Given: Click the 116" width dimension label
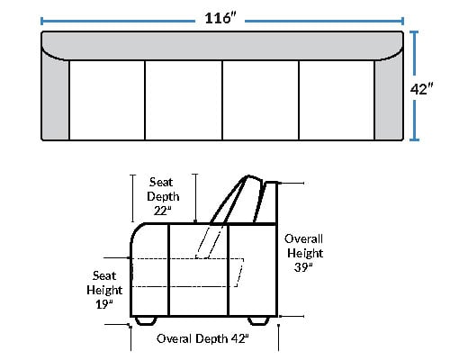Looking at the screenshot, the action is coord(220,18).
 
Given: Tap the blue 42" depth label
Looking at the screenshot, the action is coord(422,89).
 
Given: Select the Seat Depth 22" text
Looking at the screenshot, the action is coord(163,196).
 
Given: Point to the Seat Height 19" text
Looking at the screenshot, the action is coord(104,290).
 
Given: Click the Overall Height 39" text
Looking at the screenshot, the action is coord(304,253).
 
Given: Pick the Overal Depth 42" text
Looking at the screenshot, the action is coord(202,338).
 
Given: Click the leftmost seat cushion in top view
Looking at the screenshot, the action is coord(107,100).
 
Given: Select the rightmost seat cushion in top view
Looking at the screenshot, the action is coord(337,100).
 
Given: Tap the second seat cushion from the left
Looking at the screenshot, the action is coord(184,100).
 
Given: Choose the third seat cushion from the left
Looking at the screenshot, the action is coord(261,100).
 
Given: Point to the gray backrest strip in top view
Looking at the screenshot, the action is coord(222,45).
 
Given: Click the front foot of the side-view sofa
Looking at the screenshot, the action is coord(146,320).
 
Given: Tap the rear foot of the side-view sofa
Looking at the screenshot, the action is coord(258,320).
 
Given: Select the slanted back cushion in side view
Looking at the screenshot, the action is coord(237,200).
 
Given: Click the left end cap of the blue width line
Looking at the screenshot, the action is coord(41,21).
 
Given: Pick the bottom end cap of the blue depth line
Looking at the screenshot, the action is coord(414,139).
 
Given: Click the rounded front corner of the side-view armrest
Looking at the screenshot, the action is coord(136,232).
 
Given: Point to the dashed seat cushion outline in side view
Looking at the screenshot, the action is coord(187,273).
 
